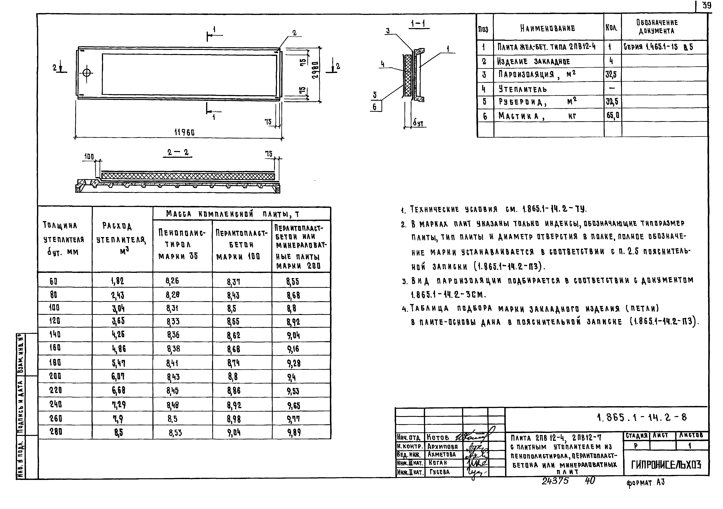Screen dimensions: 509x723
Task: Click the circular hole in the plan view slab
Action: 87,73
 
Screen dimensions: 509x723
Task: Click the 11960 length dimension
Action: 185,133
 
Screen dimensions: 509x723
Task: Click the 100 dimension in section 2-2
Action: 89,156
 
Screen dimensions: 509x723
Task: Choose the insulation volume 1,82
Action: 117,281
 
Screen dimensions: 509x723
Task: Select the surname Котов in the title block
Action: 438,437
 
